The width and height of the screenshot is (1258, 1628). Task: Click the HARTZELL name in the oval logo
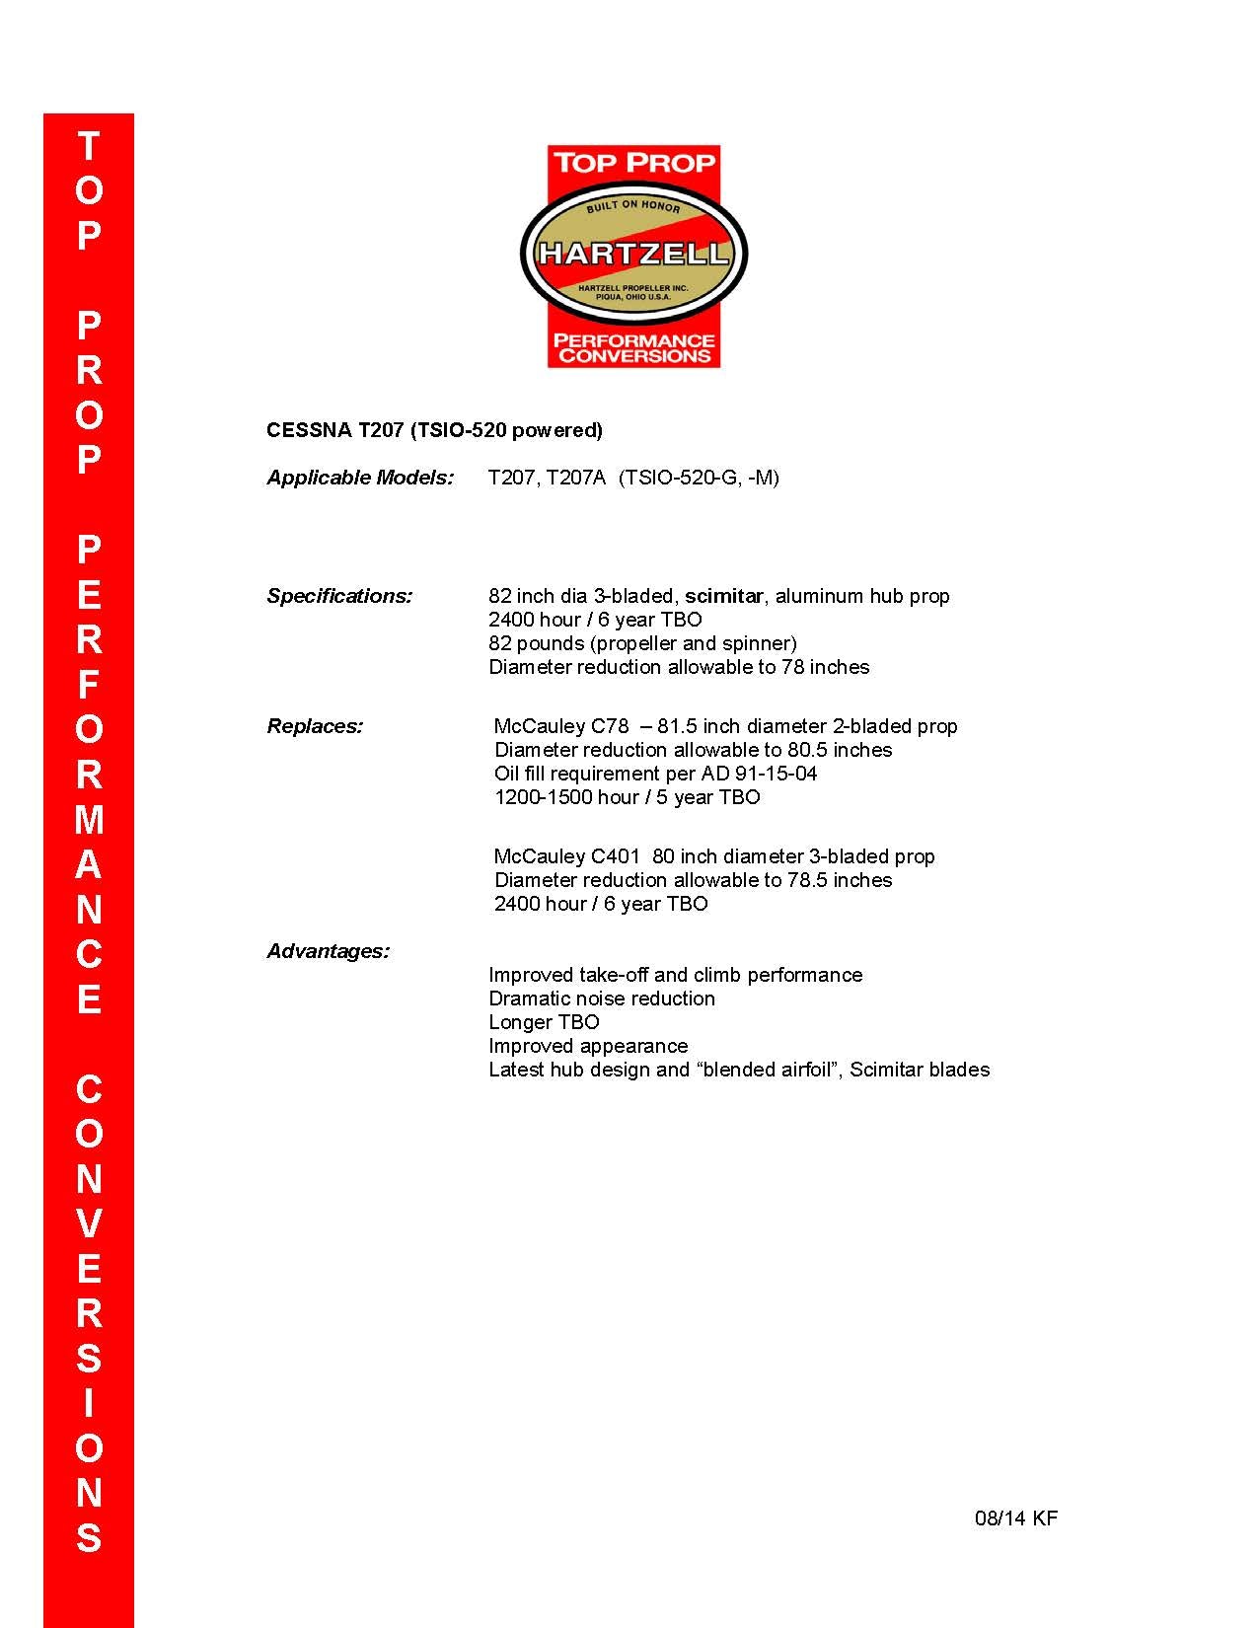pyautogui.click(x=633, y=254)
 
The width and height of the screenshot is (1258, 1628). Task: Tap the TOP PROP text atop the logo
pyautogui.click(x=633, y=163)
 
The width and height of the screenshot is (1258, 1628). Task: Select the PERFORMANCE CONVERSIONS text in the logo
pyautogui.click(x=633, y=348)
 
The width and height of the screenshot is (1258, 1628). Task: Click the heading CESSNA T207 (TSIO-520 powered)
pyautogui.click(x=434, y=430)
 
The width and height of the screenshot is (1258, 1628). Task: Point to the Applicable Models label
pyautogui.click(x=360, y=478)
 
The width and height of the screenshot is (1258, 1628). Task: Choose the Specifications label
pyautogui.click(x=339, y=596)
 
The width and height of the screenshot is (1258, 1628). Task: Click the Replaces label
pyautogui.click(x=315, y=726)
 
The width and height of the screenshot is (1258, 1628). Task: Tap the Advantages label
pyautogui.click(x=328, y=951)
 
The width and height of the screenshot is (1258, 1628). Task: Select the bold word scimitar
pyautogui.click(x=723, y=596)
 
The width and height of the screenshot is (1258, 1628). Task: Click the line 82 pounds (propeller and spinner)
pyautogui.click(x=642, y=643)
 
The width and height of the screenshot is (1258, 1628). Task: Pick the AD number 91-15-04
pyautogui.click(x=776, y=774)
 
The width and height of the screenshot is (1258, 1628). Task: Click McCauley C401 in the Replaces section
pyautogui.click(x=567, y=856)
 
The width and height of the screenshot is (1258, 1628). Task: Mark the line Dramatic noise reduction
pyautogui.click(x=602, y=999)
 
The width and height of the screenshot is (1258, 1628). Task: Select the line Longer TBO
pyautogui.click(x=544, y=1022)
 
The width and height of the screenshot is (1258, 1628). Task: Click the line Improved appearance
pyautogui.click(x=588, y=1046)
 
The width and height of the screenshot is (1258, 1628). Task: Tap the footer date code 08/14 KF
pyautogui.click(x=1015, y=1518)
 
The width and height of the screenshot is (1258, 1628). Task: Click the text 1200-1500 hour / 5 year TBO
pyautogui.click(x=628, y=797)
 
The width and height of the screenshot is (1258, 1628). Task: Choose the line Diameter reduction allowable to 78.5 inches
pyautogui.click(x=693, y=880)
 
